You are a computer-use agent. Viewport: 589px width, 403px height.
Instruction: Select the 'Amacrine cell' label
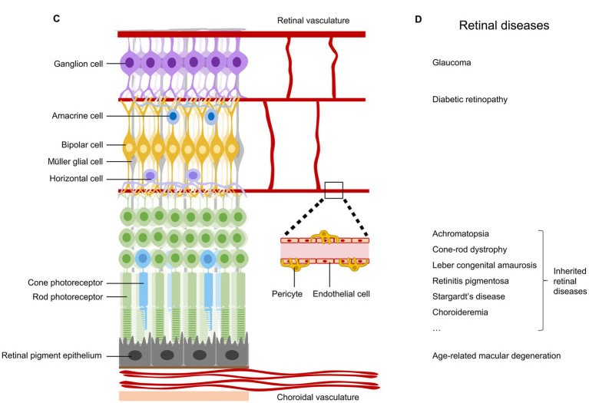pyautogui.click(x=75, y=116)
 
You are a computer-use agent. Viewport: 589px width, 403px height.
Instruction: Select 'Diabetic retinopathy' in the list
pyautogui.click(x=471, y=100)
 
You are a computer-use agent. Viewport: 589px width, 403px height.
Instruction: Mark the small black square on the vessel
pyautogui.click(x=333, y=190)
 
